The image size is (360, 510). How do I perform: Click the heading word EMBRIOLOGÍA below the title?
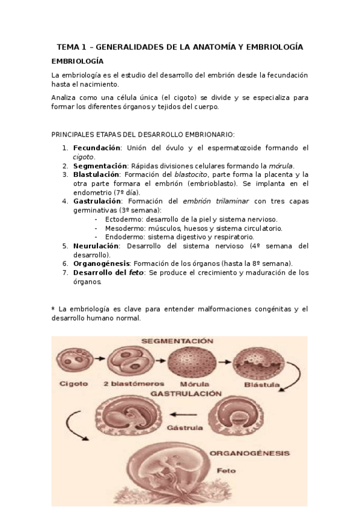click(78, 61)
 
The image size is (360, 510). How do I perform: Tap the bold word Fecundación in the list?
click(97, 147)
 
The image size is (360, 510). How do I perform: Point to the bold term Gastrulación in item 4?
click(97, 201)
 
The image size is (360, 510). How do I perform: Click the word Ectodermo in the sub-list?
click(123, 219)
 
